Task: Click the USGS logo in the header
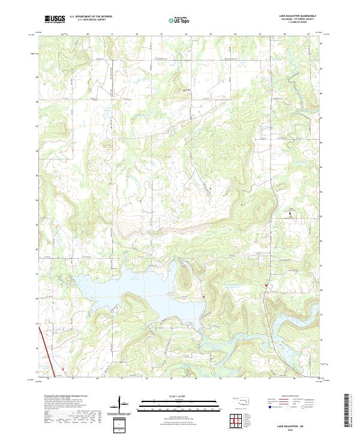[x=55, y=19]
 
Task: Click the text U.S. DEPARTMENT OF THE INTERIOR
[x=91, y=16]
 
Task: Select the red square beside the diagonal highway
[x=62, y=368]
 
